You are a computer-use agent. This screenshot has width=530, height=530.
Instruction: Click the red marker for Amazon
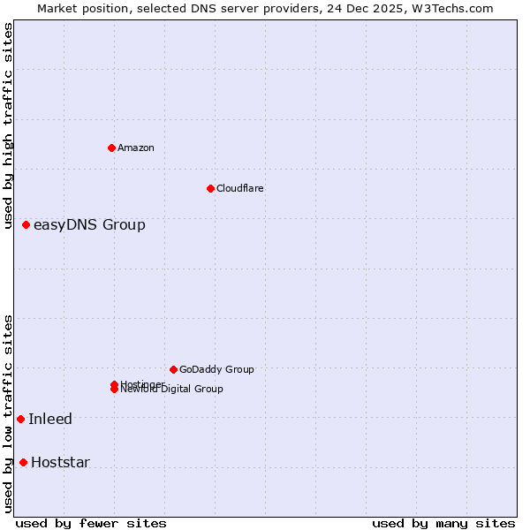[x=111, y=148]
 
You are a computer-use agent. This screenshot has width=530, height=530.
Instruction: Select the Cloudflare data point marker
[x=210, y=188]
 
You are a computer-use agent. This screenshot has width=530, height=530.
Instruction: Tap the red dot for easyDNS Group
[x=26, y=224]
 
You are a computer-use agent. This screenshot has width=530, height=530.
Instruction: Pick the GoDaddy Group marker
[x=173, y=369]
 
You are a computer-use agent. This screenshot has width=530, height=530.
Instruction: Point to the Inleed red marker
[x=20, y=419]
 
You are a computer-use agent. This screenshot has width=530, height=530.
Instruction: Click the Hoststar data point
[x=23, y=462]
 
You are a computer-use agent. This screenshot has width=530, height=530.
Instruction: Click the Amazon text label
[x=135, y=148]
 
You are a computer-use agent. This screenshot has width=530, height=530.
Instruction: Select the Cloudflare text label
[x=239, y=188]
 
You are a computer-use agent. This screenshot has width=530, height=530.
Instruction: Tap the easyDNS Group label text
[x=89, y=224]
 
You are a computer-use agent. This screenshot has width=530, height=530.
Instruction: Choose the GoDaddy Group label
[x=216, y=369]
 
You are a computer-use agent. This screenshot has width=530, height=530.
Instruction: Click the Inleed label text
[x=50, y=419]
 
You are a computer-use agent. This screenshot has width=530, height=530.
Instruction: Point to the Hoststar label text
[x=60, y=462]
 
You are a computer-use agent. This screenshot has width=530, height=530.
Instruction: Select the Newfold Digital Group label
[x=173, y=390]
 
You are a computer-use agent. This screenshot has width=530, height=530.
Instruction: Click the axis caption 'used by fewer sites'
[x=91, y=523]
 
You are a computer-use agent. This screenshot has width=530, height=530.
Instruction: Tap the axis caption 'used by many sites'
[x=443, y=523]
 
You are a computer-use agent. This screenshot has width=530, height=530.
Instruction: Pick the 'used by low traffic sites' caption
[x=9, y=413]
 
